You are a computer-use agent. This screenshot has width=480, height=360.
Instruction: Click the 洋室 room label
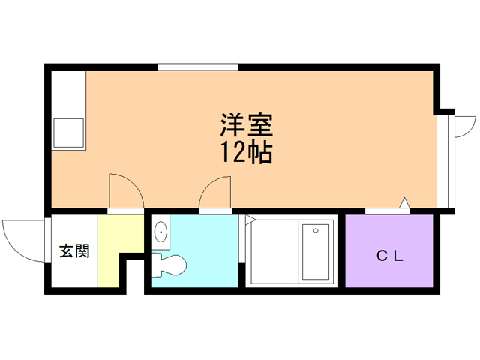pyautogui.click(x=247, y=125)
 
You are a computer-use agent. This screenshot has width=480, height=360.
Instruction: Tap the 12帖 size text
pyautogui.click(x=247, y=152)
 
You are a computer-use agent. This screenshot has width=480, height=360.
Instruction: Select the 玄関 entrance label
pyautogui.click(x=74, y=251)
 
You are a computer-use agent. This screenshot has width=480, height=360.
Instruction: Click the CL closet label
pyautogui.click(x=390, y=256)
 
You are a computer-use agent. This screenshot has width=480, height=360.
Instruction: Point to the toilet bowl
pyautogui.click(x=169, y=265)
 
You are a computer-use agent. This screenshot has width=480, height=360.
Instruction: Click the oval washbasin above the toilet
pyautogui.click(x=160, y=232)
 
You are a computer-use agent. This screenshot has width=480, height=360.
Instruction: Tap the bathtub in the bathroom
pyautogui.click(x=316, y=252)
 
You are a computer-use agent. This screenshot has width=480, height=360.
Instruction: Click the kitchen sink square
pyautogui.click(x=68, y=133)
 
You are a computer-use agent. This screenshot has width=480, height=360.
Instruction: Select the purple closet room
pyautogui.click(x=389, y=251)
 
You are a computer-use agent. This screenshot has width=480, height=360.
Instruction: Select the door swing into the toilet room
pyautogui.click(x=208, y=187)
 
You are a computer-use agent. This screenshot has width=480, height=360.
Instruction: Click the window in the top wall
pyautogui.click(x=198, y=67)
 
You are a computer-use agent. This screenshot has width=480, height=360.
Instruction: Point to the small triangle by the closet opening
pyautogui.click(x=405, y=202)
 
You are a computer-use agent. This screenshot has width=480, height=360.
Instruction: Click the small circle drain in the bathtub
pyautogui.click(x=316, y=230)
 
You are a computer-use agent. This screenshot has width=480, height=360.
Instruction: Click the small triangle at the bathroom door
pyautogui.click(x=250, y=218)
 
